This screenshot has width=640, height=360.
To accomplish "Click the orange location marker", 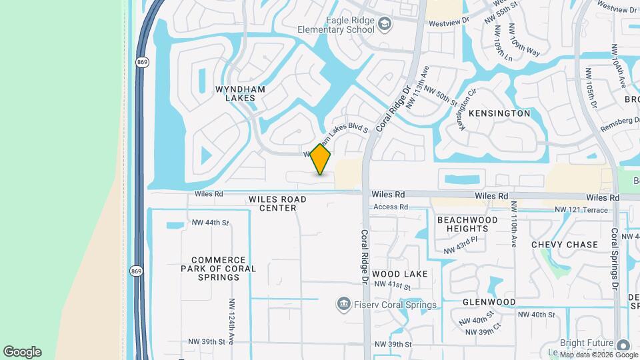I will pyautogui.click(x=321, y=159).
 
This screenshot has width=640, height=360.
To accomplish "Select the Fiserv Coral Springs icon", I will pyautogui.click(x=344, y=305).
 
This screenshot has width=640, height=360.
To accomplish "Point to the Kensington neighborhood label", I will pyautogui.click(x=499, y=113).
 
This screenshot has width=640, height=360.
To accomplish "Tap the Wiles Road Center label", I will pyautogui.click(x=277, y=203).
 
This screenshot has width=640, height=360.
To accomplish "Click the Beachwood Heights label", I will pyautogui.click(x=467, y=224).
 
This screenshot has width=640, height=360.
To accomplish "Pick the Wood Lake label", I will pyautogui.click(x=400, y=274).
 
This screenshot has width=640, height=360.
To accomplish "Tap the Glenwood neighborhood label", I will pyautogui.click(x=489, y=302).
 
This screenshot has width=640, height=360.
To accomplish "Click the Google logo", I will pyautogui.click(x=22, y=352).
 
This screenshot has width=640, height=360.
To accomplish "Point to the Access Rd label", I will pyautogui.click(x=391, y=207).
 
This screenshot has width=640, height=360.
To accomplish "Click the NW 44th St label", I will pyautogui.click(x=210, y=223).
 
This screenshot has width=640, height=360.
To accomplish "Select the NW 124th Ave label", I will pyautogui.click(x=231, y=322).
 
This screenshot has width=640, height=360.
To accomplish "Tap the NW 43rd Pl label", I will pyautogui.click(x=461, y=245).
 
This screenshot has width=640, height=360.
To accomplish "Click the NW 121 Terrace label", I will pyautogui.click(x=582, y=210).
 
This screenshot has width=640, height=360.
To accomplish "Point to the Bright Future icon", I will pyautogui.click(x=623, y=345).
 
